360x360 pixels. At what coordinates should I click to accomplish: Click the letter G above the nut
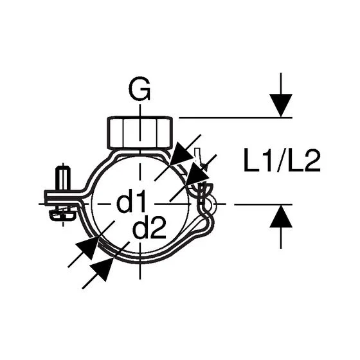(x=139, y=89)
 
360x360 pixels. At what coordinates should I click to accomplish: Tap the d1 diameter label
(x=131, y=201)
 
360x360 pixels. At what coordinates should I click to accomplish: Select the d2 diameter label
(x=149, y=228)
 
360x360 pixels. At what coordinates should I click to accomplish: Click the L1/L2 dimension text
(x=282, y=160)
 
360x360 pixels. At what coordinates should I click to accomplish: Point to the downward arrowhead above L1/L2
(x=281, y=105)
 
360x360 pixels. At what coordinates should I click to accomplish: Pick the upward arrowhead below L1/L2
(x=281, y=216)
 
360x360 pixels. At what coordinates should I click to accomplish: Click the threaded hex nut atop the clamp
(x=140, y=132)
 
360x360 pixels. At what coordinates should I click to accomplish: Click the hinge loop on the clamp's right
(x=208, y=203)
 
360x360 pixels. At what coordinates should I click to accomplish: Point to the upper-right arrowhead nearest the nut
(x=182, y=154)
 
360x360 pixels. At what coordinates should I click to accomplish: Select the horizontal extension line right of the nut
(x=235, y=118)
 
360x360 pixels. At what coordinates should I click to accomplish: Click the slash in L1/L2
(x=282, y=161)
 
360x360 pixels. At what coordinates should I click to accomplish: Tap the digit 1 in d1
(x=141, y=201)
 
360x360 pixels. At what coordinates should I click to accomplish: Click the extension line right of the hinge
(x=264, y=204)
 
